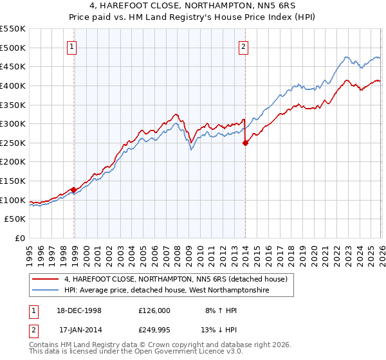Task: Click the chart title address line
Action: (192, 6)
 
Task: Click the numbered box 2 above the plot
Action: (244, 46)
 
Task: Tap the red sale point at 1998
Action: (74, 190)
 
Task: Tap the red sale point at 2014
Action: (245, 143)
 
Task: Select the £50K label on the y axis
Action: (15, 219)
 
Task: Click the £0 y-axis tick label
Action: (20, 239)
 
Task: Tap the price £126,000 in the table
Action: (154, 310)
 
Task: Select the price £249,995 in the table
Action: (154, 330)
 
